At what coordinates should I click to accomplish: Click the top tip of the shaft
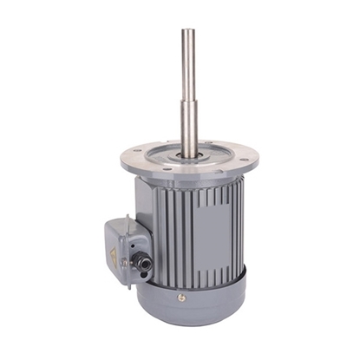click(188, 31)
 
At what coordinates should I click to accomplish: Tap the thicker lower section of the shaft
click(188, 126)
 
